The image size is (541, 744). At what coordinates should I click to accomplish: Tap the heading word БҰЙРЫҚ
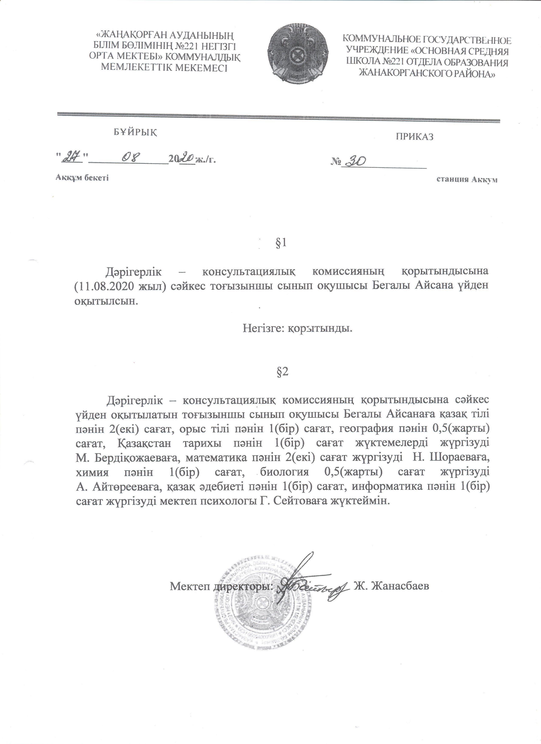click(135, 132)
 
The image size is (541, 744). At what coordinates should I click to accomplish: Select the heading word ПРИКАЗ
click(414, 137)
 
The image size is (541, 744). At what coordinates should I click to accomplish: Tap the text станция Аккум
click(467, 180)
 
